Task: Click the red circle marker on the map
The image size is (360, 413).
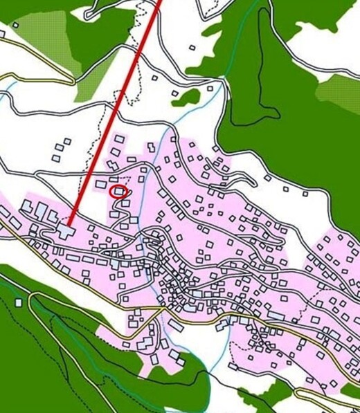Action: (x=119, y=192)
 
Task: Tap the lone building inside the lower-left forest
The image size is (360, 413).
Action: (x=18, y=302)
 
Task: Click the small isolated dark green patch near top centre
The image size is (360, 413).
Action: (x=186, y=98)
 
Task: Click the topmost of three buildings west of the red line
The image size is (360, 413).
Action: (x=66, y=142)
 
